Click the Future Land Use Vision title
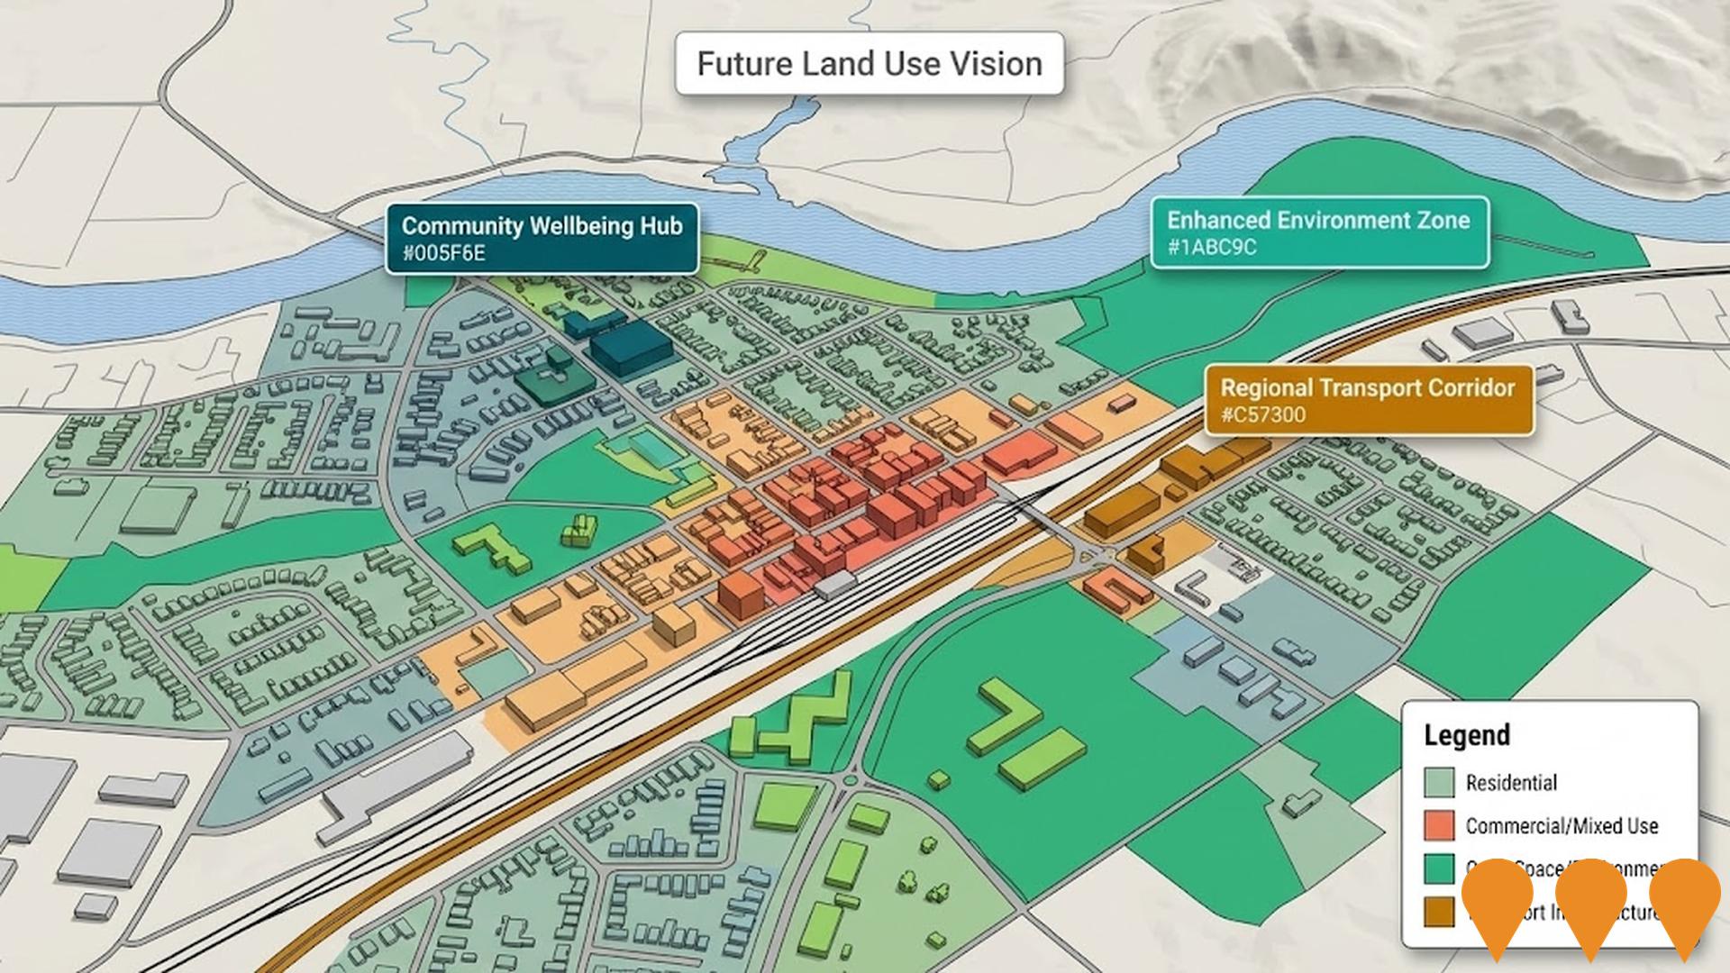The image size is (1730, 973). point(870,64)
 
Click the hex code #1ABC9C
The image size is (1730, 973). point(1211,247)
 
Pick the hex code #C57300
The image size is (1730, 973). point(1262,415)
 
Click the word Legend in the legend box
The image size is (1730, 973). point(1466,735)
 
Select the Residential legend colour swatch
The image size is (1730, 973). point(1439,782)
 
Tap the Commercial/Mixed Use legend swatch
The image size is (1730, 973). point(1439,825)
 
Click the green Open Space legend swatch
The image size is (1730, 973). point(1439,868)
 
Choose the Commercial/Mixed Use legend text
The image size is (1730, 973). point(1562,825)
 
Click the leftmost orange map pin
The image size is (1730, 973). point(1498,901)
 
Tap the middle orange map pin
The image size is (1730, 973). point(1591,901)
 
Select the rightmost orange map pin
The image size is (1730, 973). point(1685,901)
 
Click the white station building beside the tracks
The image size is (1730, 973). point(835,584)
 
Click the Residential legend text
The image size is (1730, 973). point(1511,782)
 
